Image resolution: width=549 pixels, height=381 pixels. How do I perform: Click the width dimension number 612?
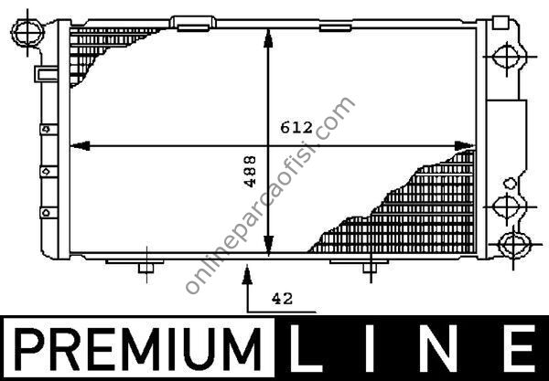tap(296, 128)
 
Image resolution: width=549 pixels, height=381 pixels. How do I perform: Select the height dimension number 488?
tap(251, 171)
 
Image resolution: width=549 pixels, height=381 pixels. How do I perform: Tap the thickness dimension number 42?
tap(282, 299)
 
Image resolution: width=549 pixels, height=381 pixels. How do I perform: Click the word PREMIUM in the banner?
tap(138, 348)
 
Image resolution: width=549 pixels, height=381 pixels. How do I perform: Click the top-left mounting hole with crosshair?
tap(27, 33)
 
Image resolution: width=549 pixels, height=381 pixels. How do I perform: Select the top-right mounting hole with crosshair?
tap(507, 57)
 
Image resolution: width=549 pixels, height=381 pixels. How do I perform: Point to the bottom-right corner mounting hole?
tap(513, 244)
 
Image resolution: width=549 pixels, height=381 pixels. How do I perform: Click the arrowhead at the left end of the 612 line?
tap(80, 146)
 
